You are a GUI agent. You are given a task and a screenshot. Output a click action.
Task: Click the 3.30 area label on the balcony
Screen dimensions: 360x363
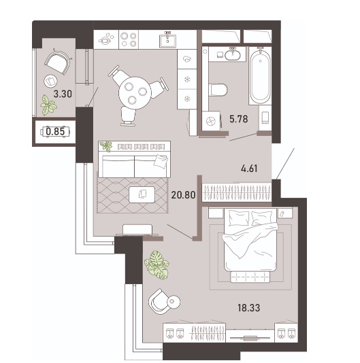coord(63,94)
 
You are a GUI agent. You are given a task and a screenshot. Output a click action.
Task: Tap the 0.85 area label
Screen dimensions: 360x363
coord(55,131)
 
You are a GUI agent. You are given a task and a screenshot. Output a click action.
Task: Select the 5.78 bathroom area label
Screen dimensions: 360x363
coord(239,119)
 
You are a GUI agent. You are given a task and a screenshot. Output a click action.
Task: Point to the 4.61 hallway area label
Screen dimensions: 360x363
coord(249,169)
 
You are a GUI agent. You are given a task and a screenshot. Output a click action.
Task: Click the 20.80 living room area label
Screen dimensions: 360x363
coord(183,195)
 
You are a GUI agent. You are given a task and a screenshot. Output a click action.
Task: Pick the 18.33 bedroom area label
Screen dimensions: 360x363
coord(248,308)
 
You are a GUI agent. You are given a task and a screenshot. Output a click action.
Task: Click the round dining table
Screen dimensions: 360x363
coord(135,93)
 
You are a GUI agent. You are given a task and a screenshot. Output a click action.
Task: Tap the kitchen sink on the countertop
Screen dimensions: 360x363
coord(167,40)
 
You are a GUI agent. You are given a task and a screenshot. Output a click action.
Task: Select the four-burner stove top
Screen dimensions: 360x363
coord(129,39)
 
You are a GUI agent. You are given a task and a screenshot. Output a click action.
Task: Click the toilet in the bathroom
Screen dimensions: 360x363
coord(218,90)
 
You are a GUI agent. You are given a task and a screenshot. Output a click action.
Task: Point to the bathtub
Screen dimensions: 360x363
coord(261,75)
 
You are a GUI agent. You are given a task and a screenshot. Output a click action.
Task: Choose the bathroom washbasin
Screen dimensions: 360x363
coord(233,54)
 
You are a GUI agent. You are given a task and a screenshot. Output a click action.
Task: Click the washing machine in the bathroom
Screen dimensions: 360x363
coord(211,121)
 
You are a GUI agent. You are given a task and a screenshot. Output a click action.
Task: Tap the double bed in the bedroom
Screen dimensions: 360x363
coord(250,241)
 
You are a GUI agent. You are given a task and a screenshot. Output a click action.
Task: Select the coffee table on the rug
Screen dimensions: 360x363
coord(142,194)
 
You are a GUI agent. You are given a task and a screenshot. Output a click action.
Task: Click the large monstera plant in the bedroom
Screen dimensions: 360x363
coord(157,264)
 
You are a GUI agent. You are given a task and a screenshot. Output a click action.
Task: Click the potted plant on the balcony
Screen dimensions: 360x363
coord(48,105)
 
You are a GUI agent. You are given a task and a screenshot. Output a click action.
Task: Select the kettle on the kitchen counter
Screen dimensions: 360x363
coord(105,39)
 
